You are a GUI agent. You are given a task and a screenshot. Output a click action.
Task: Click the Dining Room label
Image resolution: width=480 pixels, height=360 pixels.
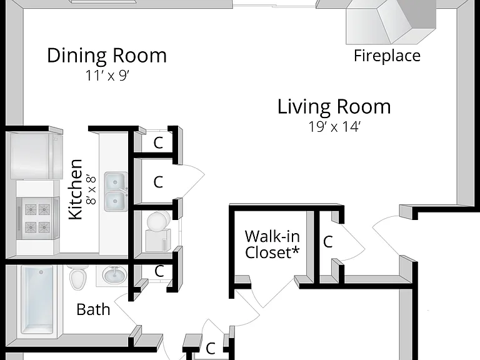[x=107, y=56]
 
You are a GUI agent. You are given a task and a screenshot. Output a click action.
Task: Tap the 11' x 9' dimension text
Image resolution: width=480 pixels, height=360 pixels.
[x=107, y=76]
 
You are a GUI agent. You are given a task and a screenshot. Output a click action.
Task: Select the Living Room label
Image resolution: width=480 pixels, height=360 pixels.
[x=334, y=106]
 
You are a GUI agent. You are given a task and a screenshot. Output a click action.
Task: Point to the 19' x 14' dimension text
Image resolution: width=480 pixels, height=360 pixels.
[x=334, y=127]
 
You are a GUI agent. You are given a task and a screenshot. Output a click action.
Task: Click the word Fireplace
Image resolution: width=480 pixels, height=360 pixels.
[x=387, y=56]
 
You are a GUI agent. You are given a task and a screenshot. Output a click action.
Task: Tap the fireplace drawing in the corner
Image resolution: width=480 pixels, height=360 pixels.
[x=391, y=21]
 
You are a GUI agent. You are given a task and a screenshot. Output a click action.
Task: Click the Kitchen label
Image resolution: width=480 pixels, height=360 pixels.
[x=76, y=189]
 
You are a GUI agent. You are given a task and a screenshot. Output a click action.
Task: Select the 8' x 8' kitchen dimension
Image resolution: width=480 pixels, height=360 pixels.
[x=91, y=190]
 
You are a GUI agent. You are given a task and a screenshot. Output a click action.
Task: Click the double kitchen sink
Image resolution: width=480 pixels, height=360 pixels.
[x=116, y=192]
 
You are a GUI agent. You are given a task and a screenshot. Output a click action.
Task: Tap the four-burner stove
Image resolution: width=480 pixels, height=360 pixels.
[x=37, y=218]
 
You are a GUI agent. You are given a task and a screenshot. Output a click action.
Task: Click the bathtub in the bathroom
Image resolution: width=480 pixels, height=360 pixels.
[x=37, y=300]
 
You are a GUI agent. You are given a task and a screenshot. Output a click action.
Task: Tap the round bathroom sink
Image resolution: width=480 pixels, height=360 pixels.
[x=114, y=275]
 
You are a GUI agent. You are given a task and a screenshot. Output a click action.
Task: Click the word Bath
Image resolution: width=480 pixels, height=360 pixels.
[x=93, y=309]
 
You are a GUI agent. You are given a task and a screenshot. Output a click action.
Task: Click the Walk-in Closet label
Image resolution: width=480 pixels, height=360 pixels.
[x=272, y=244]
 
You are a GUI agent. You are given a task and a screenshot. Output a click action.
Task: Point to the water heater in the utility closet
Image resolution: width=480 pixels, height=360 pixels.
[x=158, y=231]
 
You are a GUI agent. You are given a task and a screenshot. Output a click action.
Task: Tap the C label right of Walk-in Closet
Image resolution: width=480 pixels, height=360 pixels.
[x=328, y=241]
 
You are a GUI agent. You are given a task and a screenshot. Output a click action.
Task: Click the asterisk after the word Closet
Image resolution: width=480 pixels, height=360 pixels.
[x=295, y=251]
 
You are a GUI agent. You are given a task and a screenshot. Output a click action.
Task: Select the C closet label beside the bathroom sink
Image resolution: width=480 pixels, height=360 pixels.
[x=159, y=271]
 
